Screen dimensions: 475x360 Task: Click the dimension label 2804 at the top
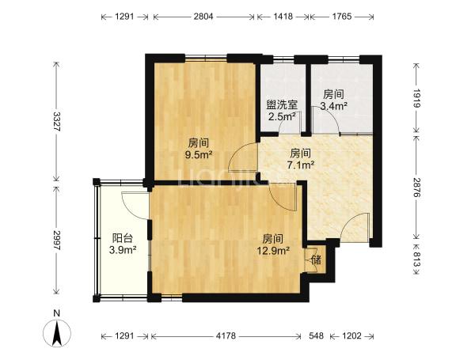203,17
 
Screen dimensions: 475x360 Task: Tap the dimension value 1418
283,17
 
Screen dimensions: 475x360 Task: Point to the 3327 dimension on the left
57,121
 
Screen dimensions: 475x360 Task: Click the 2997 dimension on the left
57,240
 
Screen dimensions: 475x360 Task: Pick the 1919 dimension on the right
416,98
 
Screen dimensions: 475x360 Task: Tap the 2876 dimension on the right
416,188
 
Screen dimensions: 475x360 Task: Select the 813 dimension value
416,260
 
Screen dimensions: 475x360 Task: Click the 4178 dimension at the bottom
226,335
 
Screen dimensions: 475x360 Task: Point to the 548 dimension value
316,335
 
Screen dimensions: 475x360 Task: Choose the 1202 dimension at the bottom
351,335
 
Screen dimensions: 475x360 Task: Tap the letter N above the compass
56,313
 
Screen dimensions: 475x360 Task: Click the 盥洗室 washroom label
282,104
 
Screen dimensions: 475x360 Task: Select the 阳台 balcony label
123,238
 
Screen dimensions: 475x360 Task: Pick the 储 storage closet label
316,260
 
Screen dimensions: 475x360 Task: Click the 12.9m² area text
273,250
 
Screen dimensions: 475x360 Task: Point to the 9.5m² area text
199,155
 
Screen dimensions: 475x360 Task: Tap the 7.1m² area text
301,165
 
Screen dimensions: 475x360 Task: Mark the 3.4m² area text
334,106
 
